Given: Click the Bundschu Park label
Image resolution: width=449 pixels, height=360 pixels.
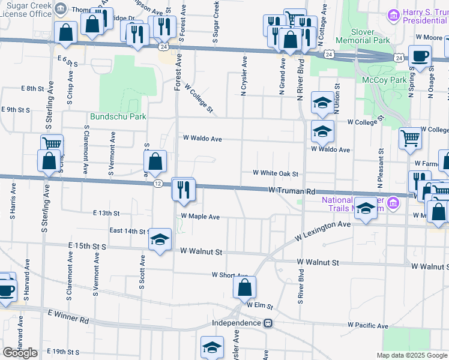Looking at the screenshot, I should (118, 117).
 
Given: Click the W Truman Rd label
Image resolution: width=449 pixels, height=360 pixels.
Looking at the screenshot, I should (292, 191).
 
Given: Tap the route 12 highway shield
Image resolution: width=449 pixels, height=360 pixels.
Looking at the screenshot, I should (157, 182).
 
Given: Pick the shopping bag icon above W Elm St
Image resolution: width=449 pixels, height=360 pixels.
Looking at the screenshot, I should (245, 287).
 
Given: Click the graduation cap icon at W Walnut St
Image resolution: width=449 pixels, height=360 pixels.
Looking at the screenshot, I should (160, 240).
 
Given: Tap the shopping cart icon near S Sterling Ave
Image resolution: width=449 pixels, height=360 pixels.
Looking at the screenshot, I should (52, 144).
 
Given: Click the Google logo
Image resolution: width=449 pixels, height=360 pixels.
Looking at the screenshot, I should (20, 353).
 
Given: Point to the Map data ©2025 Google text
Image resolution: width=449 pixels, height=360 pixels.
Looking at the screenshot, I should (411, 355).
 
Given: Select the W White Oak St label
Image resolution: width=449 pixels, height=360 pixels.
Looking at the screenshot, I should (276, 173).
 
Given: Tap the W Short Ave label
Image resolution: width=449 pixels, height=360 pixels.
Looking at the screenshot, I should (229, 275).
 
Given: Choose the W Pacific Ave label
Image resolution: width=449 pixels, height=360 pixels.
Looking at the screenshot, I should (368, 326).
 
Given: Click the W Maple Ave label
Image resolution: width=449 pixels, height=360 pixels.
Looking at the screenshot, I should (200, 216).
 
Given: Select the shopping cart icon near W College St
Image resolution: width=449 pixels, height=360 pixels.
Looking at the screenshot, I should (411, 137).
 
